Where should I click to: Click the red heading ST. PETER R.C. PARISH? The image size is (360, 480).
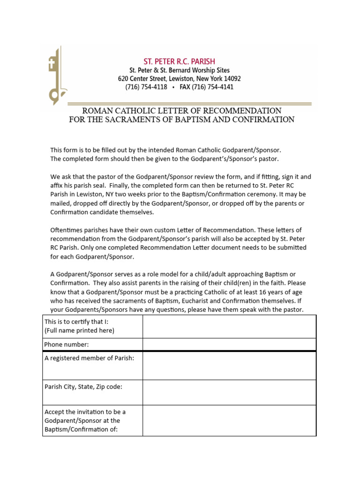point(179,61)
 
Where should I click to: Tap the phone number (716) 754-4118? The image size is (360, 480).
point(146,87)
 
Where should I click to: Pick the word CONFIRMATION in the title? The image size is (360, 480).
point(257,120)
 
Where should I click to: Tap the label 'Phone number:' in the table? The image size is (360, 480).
point(66,345)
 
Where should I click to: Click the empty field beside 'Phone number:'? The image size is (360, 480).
point(229,345)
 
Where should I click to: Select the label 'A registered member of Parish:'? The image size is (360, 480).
point(89,359)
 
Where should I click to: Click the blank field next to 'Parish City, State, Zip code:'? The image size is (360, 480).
point(229,392)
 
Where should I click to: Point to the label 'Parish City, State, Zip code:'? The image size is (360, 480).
point(83,387)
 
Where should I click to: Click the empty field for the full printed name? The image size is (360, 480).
point(229,326)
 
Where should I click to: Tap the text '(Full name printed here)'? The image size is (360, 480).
point(79,330)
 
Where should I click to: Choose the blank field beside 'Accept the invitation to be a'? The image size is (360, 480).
point(229,420)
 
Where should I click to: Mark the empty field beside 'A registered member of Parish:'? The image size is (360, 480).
point(229,366)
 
